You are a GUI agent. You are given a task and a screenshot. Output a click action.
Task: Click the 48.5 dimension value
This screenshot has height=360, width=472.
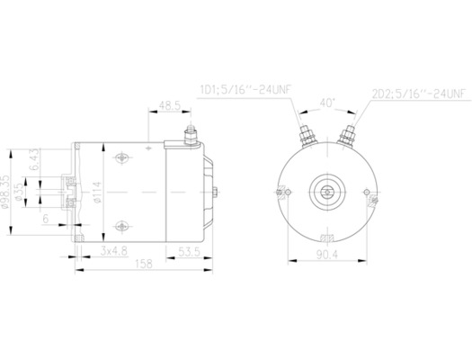coord(169,105)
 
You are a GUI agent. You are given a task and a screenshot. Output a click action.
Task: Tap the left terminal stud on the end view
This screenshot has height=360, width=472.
coord(304,137)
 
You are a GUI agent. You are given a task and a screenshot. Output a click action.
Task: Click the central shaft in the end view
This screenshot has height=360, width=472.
coord(326,191)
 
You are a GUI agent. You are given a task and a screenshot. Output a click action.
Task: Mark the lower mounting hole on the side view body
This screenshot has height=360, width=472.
coord(120,222)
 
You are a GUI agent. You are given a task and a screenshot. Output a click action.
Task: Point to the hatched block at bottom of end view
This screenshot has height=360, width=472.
coord(326,238)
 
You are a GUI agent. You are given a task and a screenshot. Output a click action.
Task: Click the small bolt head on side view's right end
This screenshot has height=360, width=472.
coord(222,190)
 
